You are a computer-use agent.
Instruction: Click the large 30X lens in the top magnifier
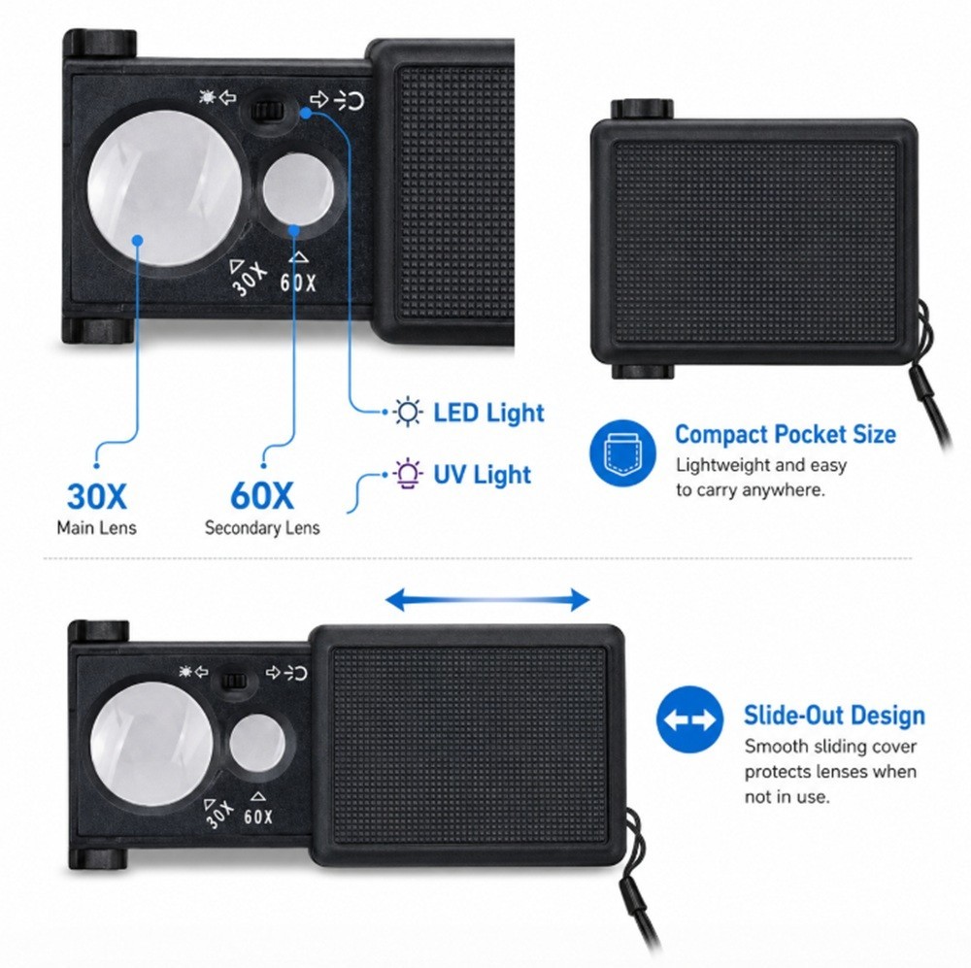(x=164, y=187)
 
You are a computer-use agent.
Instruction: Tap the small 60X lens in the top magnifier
(x=298, y=189)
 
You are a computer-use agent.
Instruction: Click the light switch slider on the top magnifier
(x=268, y=112)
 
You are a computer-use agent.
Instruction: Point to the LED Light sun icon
(x=408, y=412)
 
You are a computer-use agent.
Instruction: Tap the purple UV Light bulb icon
(x=408, y=475)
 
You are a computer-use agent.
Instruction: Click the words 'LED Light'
(x=488, y=413)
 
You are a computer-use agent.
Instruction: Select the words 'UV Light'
(x=482, y=475)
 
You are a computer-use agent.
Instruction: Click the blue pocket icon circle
(x=623, y=453)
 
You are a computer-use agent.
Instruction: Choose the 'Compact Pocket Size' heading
(x=786, y=434)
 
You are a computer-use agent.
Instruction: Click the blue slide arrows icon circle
(x=689, y=719)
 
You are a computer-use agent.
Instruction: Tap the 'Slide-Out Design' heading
(x=834, y=715)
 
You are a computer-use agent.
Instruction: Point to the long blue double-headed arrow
(x=487, y=599)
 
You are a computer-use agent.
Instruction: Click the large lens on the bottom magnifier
(x=152, y=745)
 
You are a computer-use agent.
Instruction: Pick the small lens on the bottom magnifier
(x=257, y=743)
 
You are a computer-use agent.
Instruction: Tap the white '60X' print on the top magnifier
(x=298, y=282)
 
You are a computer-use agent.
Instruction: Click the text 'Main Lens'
(x=96, y=527)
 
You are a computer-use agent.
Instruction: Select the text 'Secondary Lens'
(x=262, y=527)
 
